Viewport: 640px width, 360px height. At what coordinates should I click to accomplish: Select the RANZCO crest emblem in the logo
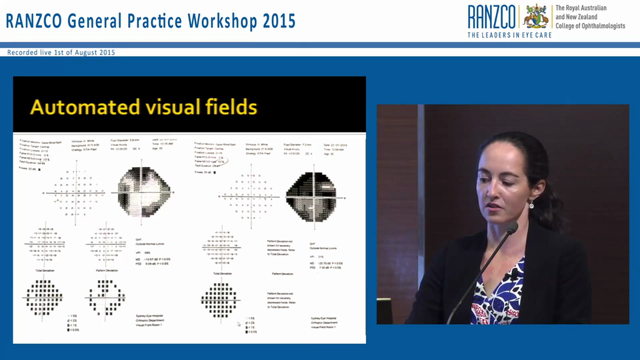click(x=535, y=16)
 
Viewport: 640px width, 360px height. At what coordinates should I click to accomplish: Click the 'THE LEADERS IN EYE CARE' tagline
click(x=509, y=35)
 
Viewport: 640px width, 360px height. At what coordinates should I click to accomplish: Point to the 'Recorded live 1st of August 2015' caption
click(x=61, y=52)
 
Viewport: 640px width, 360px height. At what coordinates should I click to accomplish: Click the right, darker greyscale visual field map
click(x=311, y=196)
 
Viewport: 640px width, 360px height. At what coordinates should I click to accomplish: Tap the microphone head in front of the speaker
click(x=512, y=227)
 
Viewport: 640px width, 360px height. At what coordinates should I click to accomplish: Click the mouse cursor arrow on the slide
click(x=238, y=324)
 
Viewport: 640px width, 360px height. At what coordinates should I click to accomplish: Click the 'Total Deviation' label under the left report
click(x=44, y=270)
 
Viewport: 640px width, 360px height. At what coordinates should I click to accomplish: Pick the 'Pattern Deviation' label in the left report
click(x=106, y=270)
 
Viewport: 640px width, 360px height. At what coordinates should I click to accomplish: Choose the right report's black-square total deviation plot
click(x=218, y=300)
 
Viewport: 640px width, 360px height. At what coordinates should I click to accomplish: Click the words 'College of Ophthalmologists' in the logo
click(x=590, y=26)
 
